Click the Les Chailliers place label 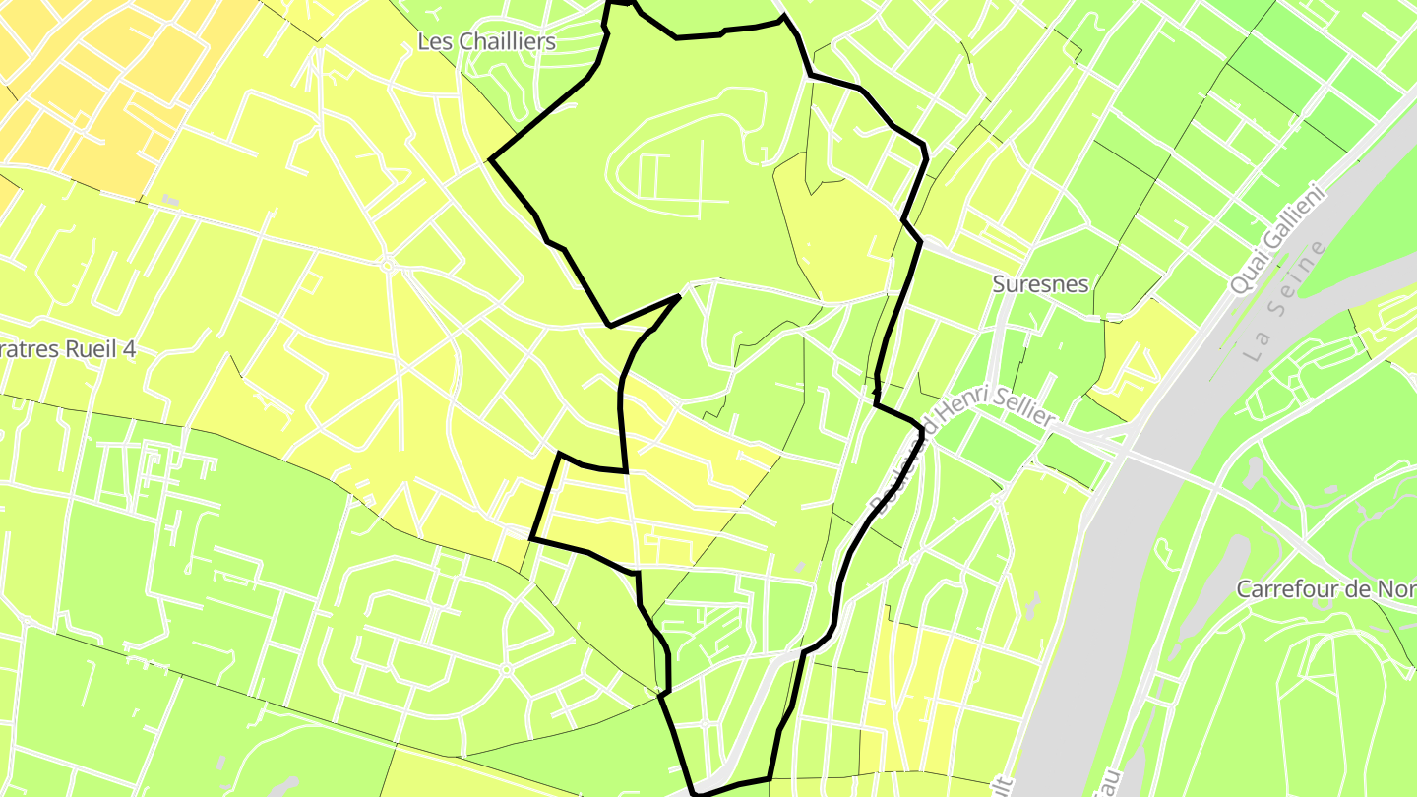click(486, 41)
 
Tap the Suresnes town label click(1040, 284)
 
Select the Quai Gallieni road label click(1278, 242)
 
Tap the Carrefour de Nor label click(1325, 589)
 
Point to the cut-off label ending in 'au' click(1111, 783)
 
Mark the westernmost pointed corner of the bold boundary click(491, 157)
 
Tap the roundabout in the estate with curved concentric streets click(506, 670)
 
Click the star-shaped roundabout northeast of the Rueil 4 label click(387, 264)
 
